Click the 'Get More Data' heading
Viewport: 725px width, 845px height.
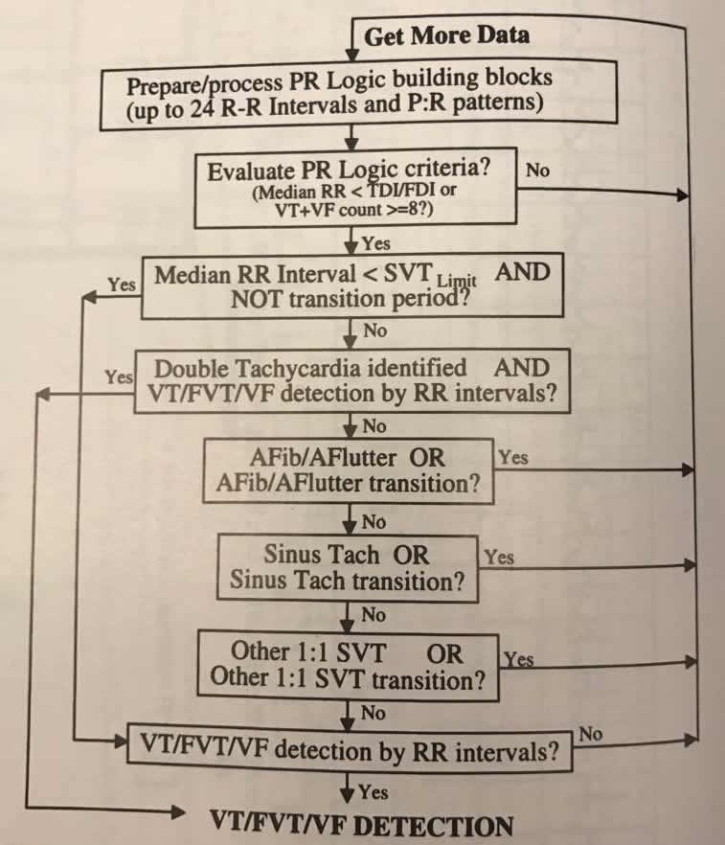pos(446,36)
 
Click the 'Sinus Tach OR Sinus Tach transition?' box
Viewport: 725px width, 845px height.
pos(347,567)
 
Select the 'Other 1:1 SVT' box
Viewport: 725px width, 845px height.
pos(347,665)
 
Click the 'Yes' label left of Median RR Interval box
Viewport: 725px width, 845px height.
pos(121,285)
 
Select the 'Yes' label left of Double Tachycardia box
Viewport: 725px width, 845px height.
pos(119,377)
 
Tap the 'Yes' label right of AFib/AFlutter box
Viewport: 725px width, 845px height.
pos(513,457)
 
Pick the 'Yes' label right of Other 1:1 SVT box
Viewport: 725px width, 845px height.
pos(519,659)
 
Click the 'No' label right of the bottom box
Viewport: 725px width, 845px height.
pos(592,734)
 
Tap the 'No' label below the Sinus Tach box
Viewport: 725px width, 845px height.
pos(374,614)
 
